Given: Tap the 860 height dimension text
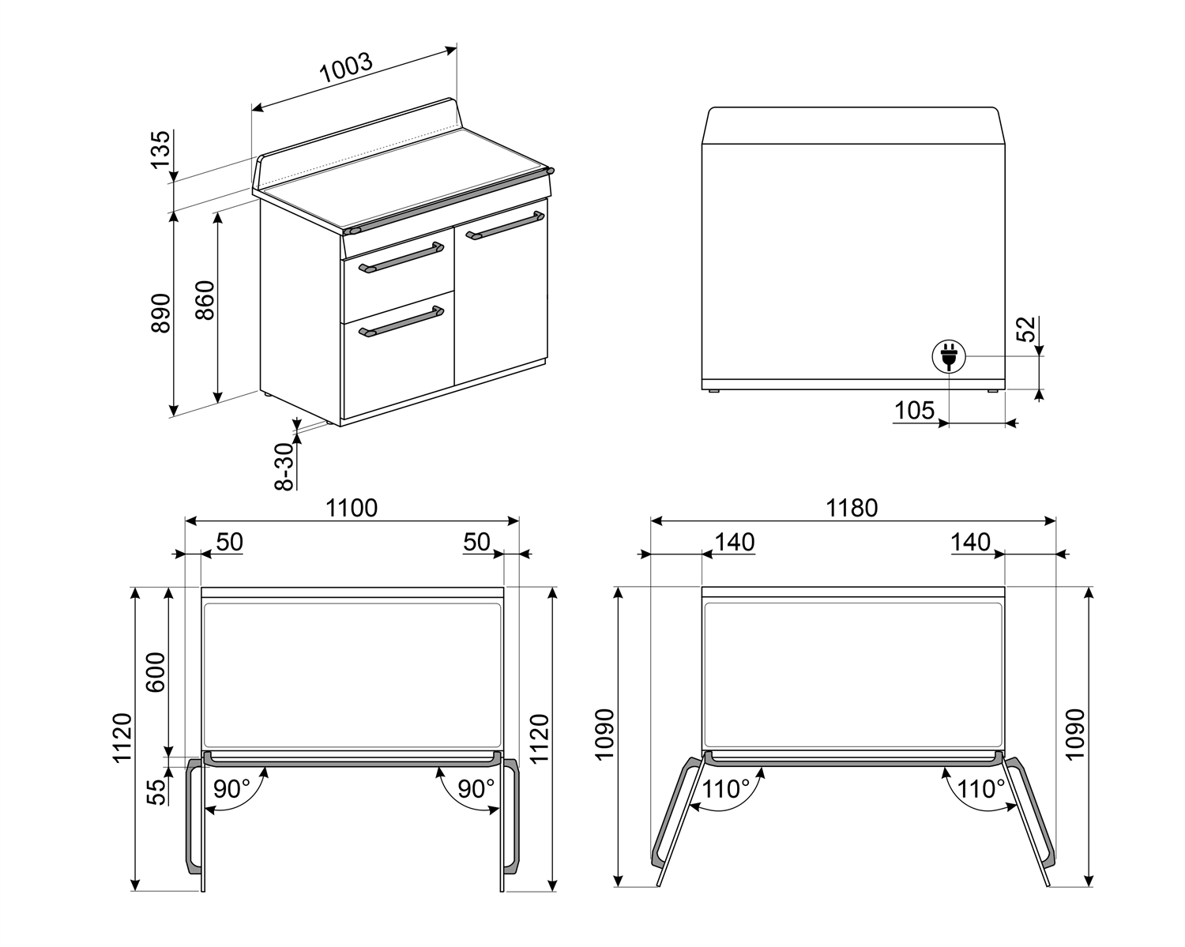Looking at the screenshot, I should (205, 300).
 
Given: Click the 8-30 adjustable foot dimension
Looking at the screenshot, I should (284, 466).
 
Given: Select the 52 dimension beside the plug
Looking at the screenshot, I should (1025, 329).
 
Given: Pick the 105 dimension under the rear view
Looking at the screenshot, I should (914, 411).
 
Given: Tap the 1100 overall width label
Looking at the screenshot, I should (352, 508).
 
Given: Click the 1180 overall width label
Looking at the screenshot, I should (852, 508).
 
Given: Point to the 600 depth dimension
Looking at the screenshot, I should (156, 671).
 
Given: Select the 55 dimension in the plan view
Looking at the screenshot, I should (159, 791).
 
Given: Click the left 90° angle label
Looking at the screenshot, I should (231, 788).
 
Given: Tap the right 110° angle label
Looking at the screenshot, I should (981, 788).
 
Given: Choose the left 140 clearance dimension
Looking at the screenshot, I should (735, 543).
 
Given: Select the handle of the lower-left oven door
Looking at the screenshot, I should (401, 321).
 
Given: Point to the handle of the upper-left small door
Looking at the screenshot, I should (401, 257).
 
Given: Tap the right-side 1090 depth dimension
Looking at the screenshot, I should (1075, 735).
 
